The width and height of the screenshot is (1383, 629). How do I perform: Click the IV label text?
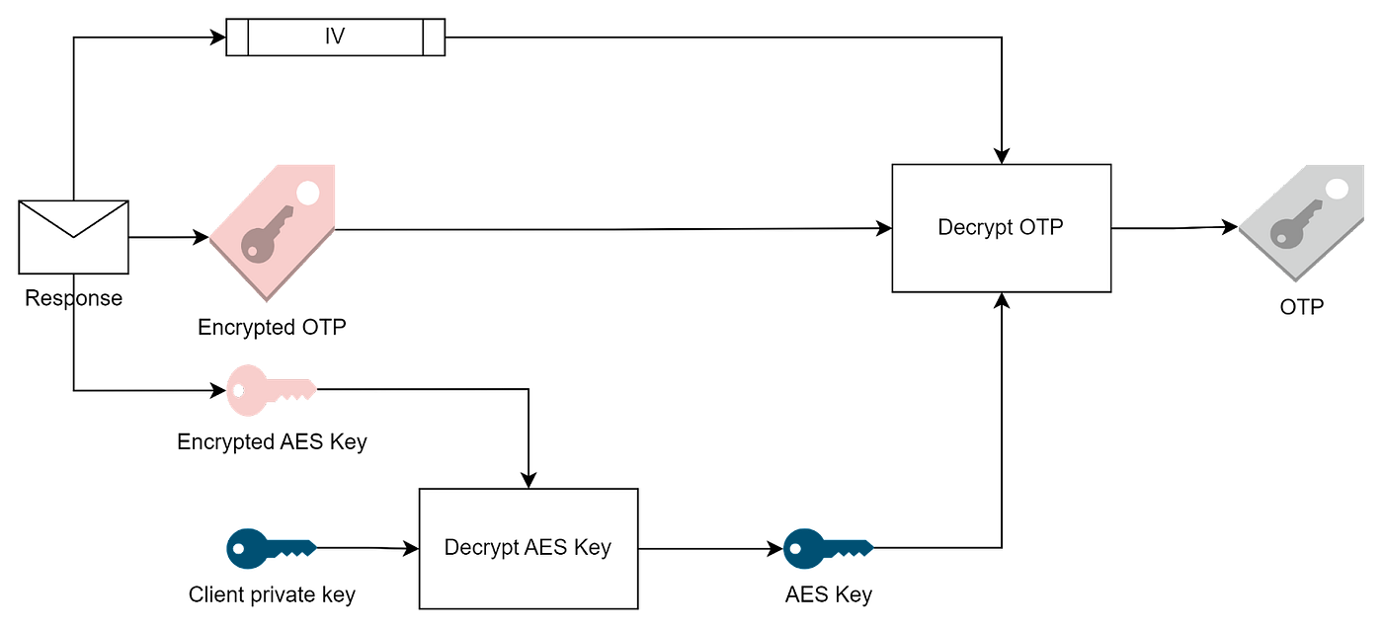tap(335, 38)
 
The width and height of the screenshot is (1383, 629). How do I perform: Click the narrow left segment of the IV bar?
tap(237, 38)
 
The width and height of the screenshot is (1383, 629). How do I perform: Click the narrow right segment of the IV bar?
tap(434, 38)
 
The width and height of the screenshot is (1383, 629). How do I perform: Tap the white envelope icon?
tap(74, 237)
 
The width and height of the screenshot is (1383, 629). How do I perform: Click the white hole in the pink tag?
tap(308, 193)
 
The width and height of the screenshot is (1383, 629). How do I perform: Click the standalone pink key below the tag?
tap(270, 389)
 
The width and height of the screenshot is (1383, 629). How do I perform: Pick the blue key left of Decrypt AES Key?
tap(270, 547)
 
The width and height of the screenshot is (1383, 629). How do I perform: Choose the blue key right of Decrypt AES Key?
tap(826, 547)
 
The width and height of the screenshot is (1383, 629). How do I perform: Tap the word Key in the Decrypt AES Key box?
tap(593, 547)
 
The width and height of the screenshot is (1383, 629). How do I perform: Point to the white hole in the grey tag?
tap(1338, 190)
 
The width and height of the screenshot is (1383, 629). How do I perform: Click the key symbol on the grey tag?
tap(1293, 225)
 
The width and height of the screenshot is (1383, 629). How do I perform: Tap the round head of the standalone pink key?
tap(242, 390)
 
